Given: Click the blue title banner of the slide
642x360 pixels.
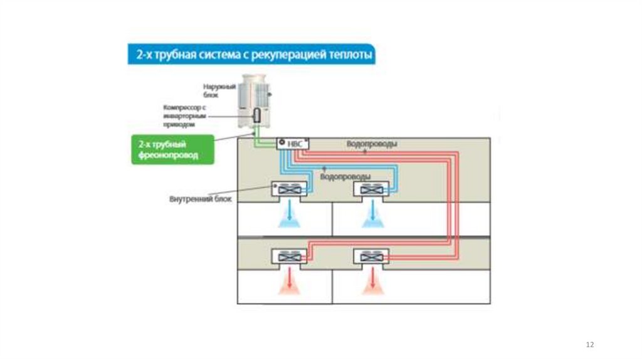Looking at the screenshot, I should pos(251,55).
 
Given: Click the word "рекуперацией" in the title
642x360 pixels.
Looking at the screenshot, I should pos(298,55).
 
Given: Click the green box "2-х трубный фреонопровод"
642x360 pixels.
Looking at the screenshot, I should pos(172,149).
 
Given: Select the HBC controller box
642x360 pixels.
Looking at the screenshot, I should pos(293,144).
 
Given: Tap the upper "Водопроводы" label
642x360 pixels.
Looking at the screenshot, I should pos(371,144).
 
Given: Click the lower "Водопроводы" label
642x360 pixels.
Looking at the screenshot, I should pos(345,177).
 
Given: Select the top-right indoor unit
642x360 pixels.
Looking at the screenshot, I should pos(372,189).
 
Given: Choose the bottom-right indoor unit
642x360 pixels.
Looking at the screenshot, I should pos(372,256).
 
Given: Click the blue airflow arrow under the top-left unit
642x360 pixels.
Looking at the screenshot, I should pos(290,214).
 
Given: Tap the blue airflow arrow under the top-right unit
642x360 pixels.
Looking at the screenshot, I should pos(372,214).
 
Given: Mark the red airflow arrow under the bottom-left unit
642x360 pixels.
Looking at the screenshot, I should pos(290,281).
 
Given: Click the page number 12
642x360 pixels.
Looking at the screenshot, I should pos(589,345).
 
